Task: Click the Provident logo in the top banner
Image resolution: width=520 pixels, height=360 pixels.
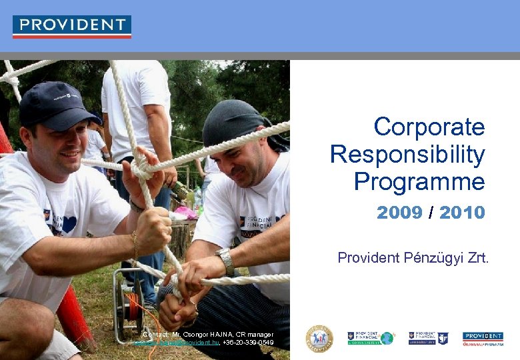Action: click(72, 26)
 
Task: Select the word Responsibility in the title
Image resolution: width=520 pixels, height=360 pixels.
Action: click(407, 155)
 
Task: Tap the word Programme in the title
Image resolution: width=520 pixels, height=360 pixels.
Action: click(419, 181)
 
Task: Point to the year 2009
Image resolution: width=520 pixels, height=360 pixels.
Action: click(399, 213)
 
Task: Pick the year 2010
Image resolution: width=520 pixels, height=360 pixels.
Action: click(462, 213)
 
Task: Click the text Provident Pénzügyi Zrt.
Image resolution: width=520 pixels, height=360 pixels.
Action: click(413, 257)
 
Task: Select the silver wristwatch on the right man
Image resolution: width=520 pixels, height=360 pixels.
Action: click(225, 261)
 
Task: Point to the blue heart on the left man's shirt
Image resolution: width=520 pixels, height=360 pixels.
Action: click(69, 224)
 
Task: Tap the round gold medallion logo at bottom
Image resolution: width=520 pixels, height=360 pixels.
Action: click(319, 339)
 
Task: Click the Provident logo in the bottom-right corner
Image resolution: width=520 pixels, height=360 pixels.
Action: click(483, 338)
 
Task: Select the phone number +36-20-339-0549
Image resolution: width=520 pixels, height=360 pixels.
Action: click(248, 343)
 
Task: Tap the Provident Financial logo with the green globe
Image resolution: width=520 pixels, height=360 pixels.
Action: click(371, 338)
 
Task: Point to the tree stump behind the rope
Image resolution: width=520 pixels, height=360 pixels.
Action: click(181, 237)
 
